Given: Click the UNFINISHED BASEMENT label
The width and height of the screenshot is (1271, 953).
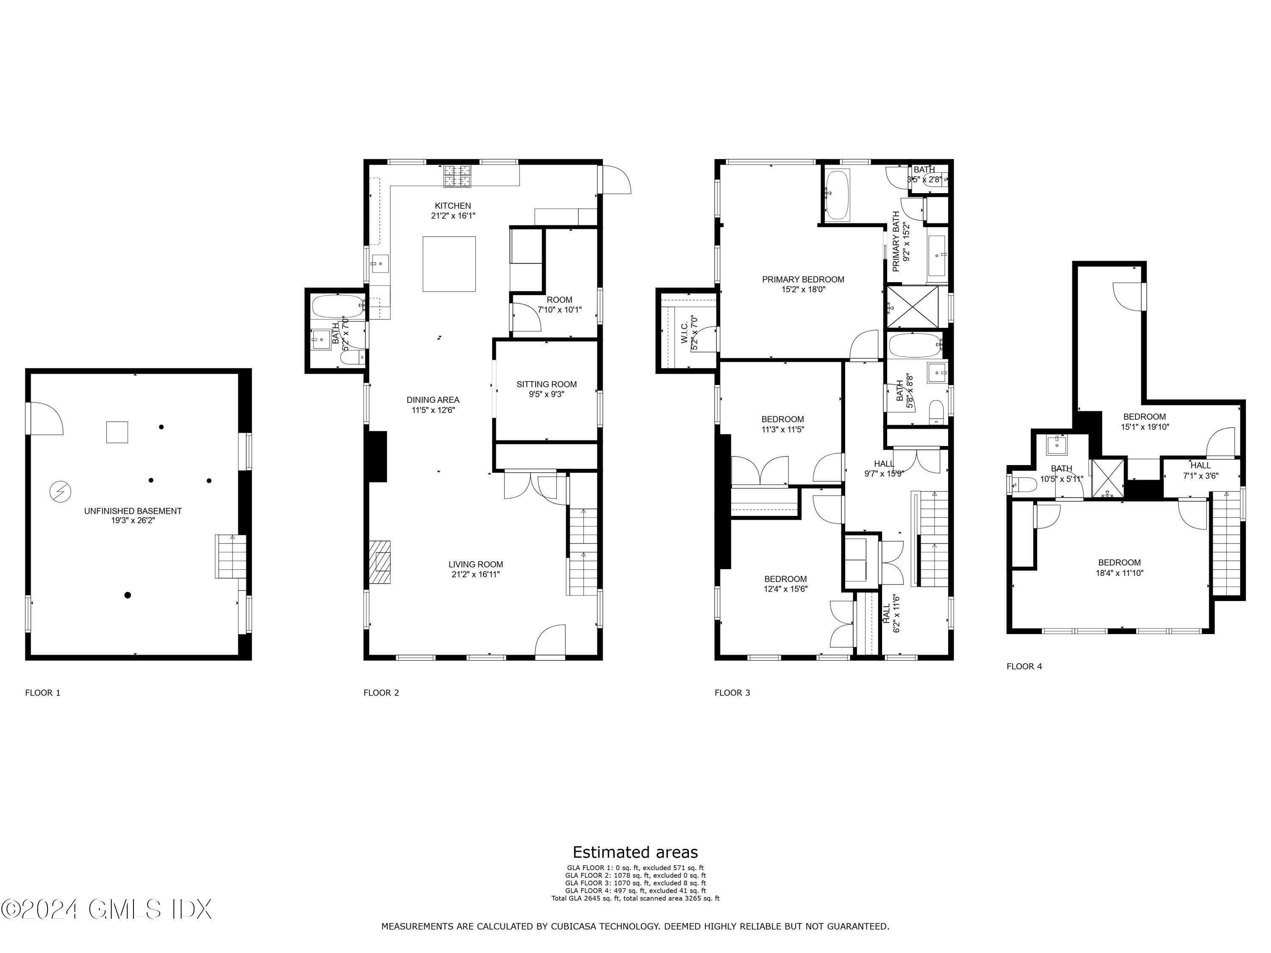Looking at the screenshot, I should (133, 511).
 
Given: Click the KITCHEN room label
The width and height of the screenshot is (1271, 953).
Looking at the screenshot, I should (453, 206).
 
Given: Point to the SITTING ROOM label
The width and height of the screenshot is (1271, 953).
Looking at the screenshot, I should (547, 384).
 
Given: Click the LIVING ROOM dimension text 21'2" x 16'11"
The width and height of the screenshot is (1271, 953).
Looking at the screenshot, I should (476, 574).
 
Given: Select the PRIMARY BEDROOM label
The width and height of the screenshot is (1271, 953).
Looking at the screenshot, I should (803, 280).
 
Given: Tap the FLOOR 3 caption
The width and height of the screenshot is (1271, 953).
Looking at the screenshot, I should (732, 693).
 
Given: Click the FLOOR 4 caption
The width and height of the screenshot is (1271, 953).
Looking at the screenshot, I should (1024, 666).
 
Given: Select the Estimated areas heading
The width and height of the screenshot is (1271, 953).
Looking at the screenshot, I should (635, 852).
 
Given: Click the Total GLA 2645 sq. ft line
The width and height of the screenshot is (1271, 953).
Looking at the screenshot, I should (635, 898).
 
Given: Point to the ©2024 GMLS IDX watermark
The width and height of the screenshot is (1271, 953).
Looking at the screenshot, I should (106, 909).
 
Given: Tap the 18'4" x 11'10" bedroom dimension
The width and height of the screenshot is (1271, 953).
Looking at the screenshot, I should (1119, 573).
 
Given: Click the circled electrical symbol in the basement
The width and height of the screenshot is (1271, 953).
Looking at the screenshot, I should (60, 492).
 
